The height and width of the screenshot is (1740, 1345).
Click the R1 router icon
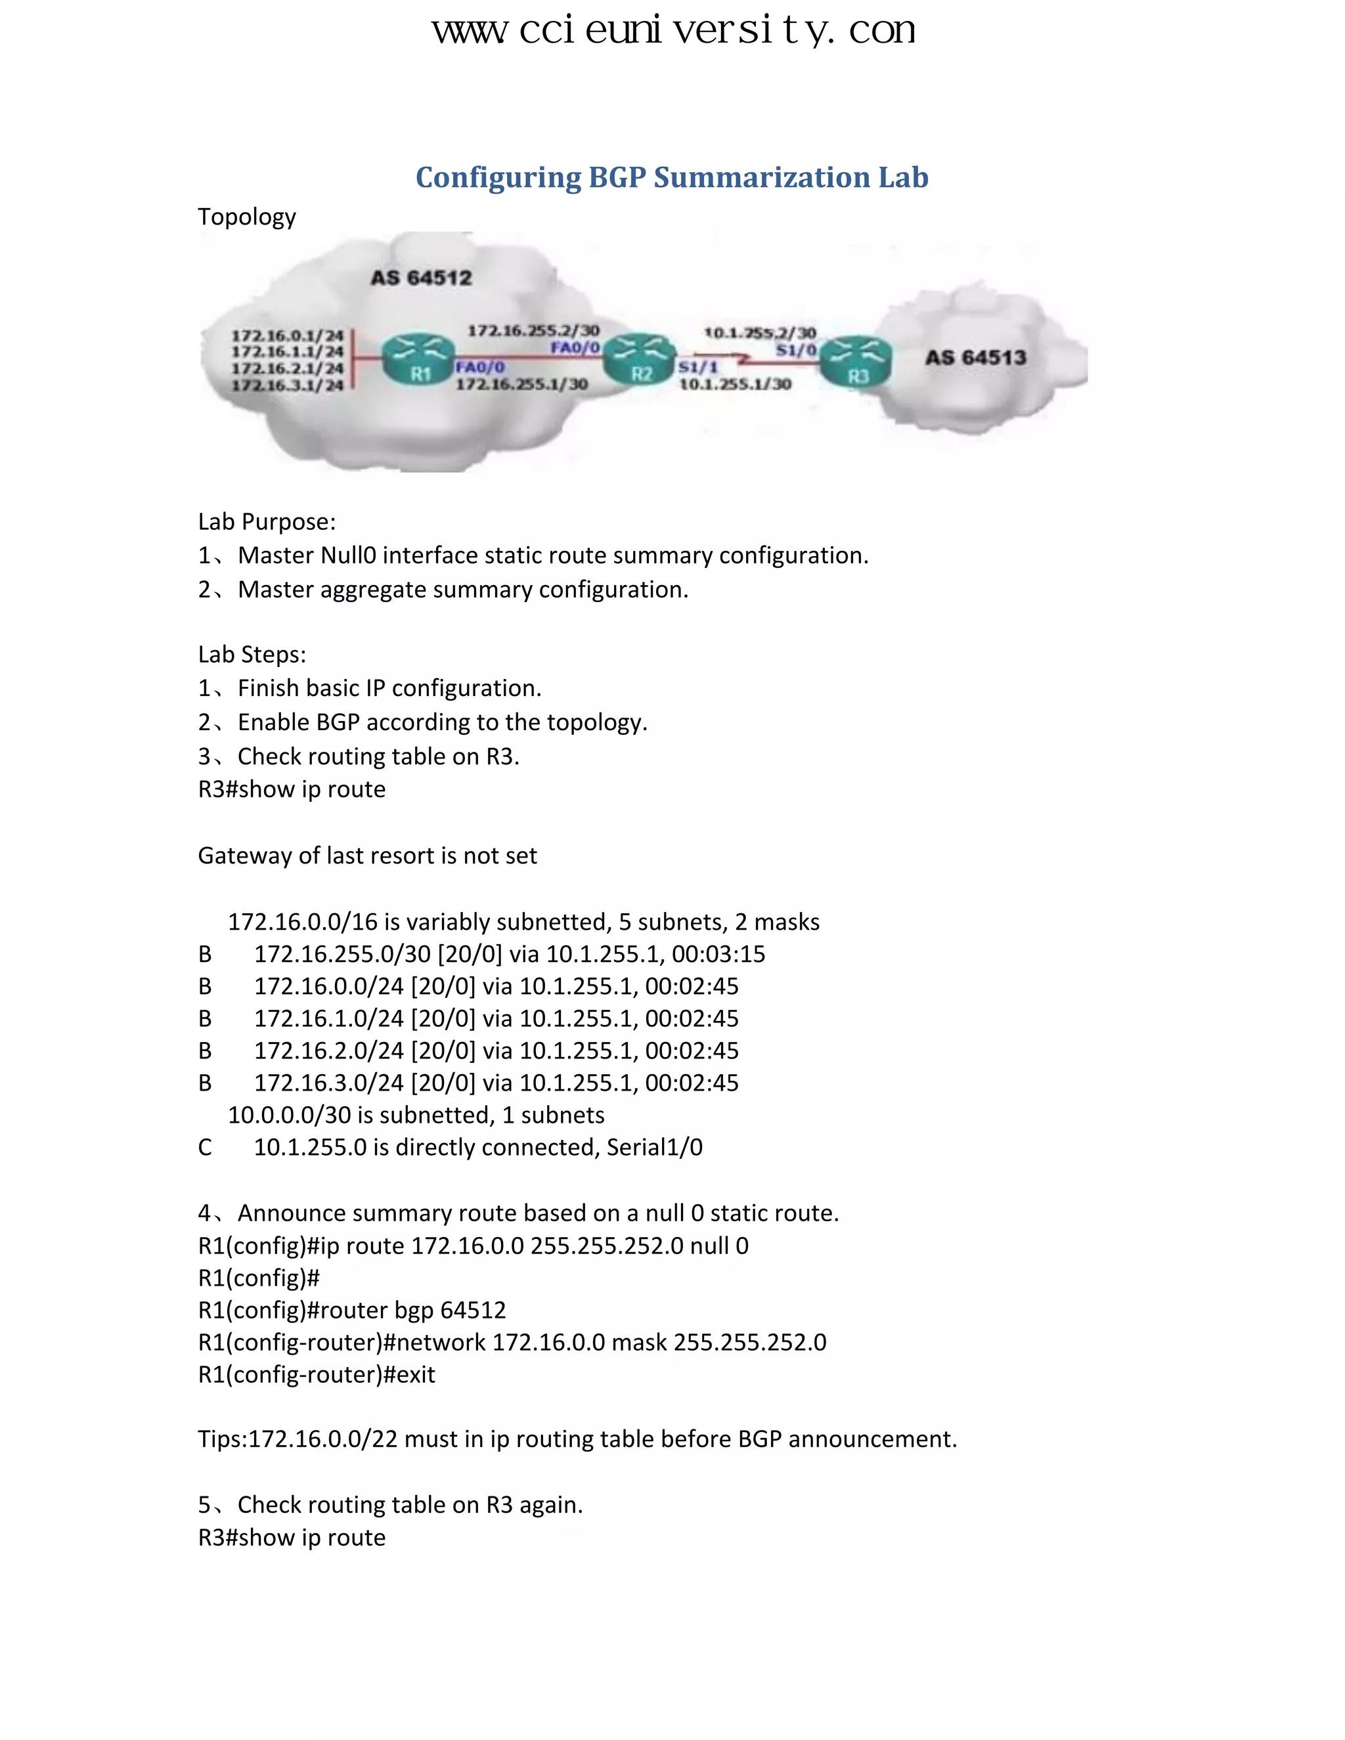coord(418,359)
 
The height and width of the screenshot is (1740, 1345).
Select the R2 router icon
coord(640,359)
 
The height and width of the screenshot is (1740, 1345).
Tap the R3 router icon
coord(856,362)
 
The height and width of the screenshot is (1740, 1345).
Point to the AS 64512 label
coord(421,278)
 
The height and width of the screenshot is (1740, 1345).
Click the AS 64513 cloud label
coord(975,358)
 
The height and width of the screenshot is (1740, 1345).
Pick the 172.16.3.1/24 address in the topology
coord(287,385)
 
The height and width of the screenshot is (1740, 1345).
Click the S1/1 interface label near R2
coord(698,366)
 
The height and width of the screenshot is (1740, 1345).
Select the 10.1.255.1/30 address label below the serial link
coord(735,384)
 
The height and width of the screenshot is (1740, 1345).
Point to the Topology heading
coord(246,217)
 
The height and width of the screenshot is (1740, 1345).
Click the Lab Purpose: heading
coord(266,522)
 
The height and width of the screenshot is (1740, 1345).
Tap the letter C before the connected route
coord(205,1147)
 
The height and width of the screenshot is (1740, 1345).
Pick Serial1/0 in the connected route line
coord(654,1147)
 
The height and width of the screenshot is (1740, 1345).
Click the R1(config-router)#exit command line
coord(317,1374)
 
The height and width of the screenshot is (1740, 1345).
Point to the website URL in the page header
coord(673,30)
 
